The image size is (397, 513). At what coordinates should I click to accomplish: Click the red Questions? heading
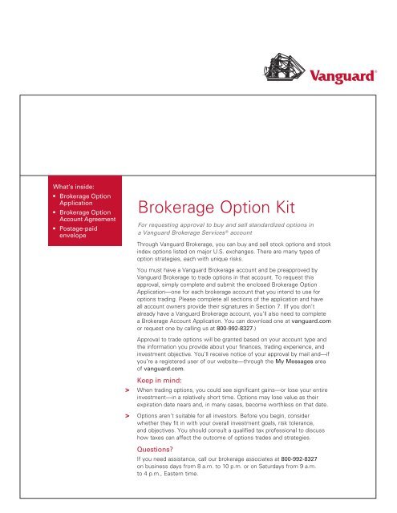coord(160,450)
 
